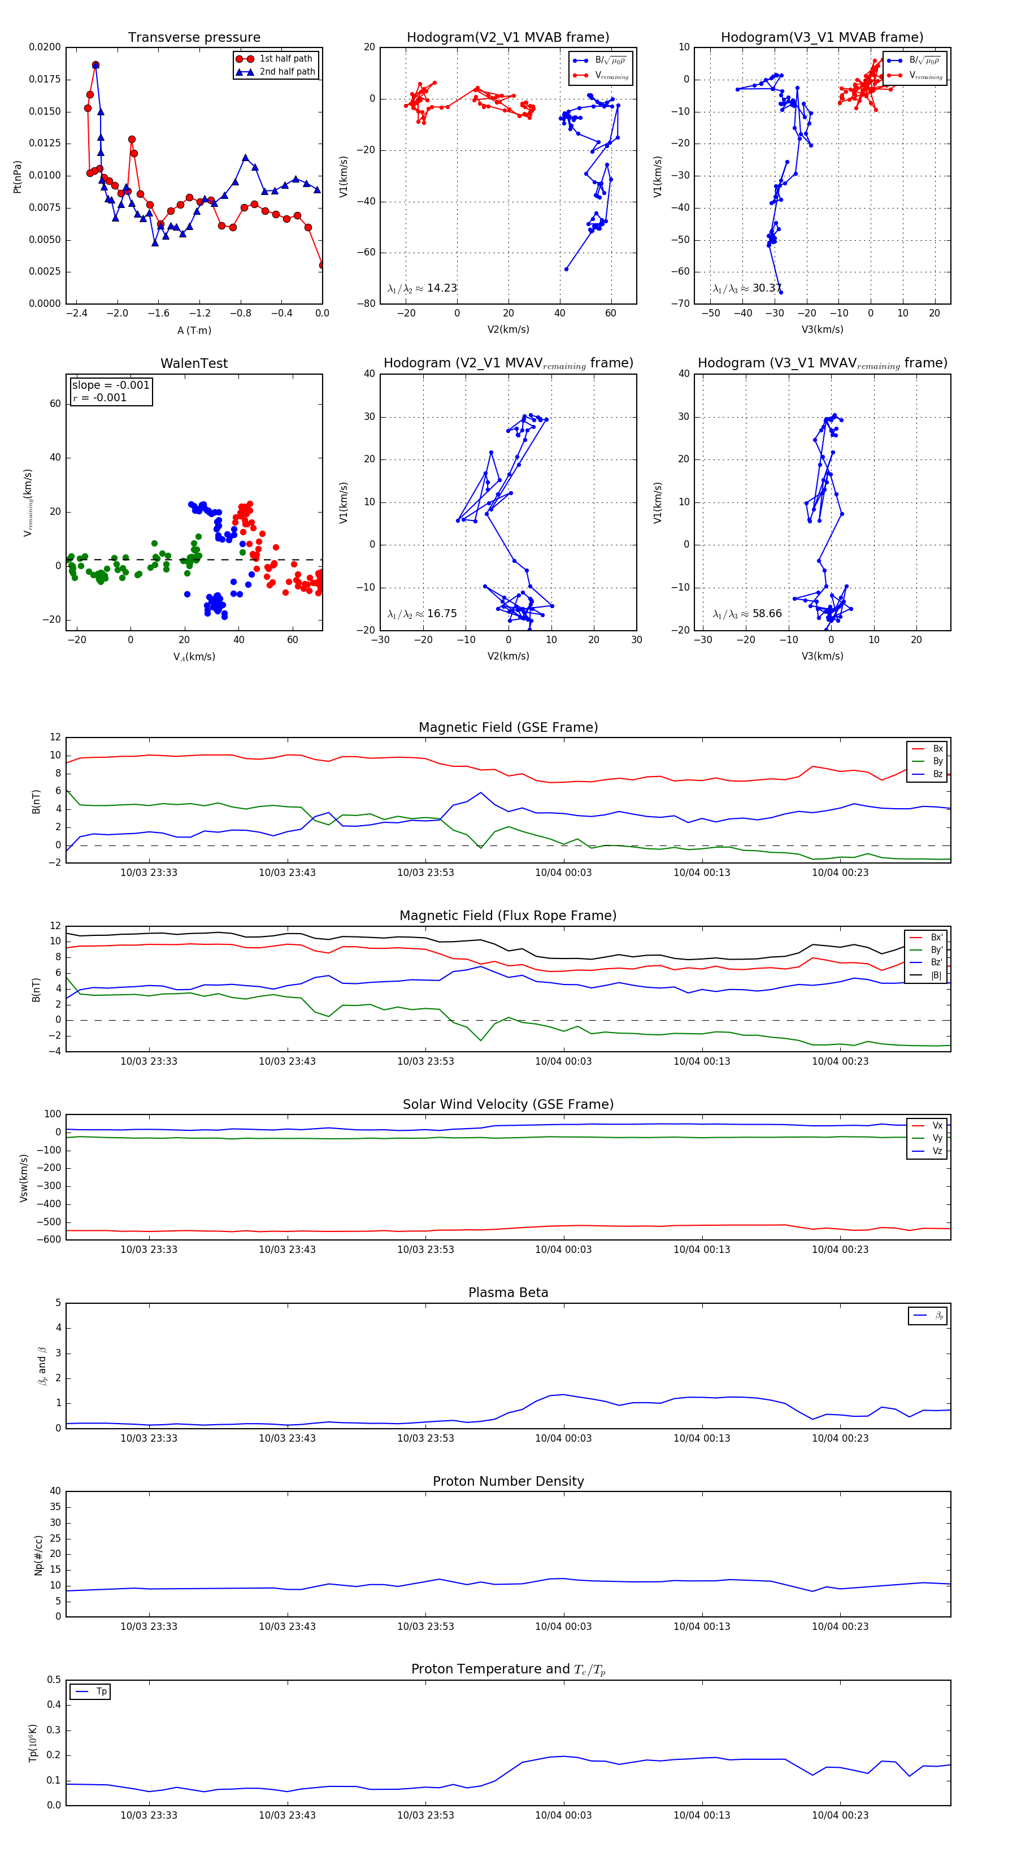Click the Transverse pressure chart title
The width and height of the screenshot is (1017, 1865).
point(194,38)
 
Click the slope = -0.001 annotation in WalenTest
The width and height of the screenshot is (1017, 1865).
point(111,385)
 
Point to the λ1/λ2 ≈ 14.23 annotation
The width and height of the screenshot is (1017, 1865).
point(422,288)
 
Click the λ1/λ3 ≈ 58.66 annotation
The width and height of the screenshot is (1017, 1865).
point(747,614)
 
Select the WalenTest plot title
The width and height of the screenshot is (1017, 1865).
point(194,363)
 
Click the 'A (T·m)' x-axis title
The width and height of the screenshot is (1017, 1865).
point(194,331)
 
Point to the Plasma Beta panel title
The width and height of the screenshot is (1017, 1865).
point(508,1293)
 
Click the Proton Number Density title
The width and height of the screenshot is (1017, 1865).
point(508,1481)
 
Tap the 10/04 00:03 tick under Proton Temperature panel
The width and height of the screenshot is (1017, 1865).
point(563,1815)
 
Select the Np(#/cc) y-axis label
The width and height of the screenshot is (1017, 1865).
point(39,1555)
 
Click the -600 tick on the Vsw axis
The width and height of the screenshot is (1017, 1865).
point(49,1239)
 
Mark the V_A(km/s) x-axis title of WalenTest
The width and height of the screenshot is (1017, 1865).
point(194,657)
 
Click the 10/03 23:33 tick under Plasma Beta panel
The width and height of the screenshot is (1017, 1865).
point(149,1438)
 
